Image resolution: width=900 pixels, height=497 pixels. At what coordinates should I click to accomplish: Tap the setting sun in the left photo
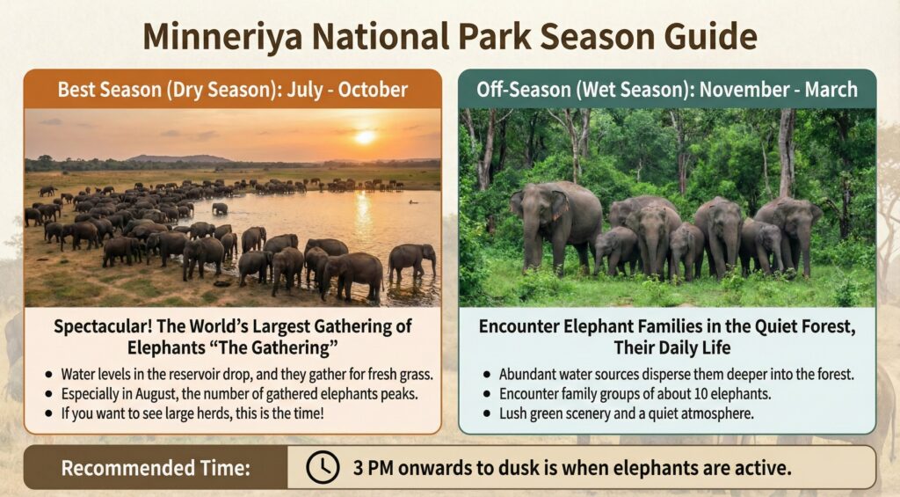[x=365, y=137]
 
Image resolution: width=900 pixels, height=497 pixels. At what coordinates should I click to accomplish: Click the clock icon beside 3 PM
[x=323, y=468]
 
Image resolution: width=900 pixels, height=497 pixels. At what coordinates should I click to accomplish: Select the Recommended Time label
[x=155, y=468]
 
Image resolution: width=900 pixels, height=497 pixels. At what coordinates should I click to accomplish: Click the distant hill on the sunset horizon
[x=180, y=159]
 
